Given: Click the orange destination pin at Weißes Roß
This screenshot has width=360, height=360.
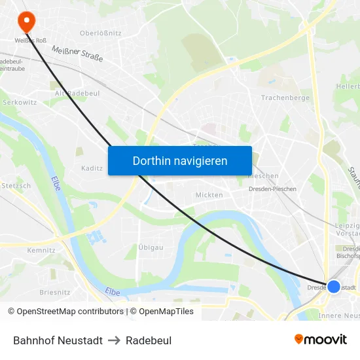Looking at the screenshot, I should [26, 21].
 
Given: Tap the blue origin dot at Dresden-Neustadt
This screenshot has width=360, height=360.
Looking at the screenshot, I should [334, 287].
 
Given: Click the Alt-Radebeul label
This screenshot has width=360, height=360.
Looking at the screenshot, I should [77, 94].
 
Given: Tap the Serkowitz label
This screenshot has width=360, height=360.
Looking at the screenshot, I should [20, 103].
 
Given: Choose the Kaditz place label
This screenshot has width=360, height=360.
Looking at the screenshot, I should [92, 168].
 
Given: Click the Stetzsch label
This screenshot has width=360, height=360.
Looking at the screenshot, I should [16, 186].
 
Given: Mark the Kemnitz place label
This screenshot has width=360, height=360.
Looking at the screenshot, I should [41, 250].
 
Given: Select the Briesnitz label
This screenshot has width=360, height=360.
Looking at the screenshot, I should [55, 293].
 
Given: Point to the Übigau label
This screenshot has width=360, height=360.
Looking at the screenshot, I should [151, 247].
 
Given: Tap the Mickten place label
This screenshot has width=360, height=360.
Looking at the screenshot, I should [209, 195].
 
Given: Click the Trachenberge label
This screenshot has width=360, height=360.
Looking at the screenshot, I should [285, 98].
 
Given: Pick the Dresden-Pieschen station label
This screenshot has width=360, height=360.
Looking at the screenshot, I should [272, 189].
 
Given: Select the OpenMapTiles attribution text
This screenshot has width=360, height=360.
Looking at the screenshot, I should [166, 312].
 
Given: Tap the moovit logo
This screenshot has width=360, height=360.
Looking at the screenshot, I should [321, 340].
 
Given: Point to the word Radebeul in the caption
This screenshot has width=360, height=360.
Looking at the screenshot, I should [149, 340].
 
